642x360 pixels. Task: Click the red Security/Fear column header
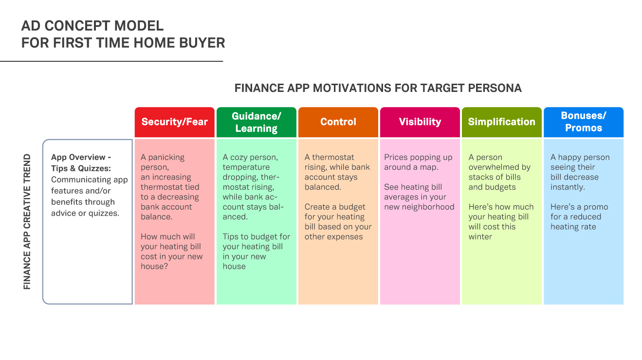coord(175,122)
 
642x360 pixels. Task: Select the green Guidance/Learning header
coord(256,122)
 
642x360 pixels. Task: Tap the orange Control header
coord(338,122)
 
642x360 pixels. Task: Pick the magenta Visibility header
coord(420,122)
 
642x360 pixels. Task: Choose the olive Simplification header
coord(501,122)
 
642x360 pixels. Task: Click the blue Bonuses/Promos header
coord(584,122)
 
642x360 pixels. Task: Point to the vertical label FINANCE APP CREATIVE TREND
coord(27,222)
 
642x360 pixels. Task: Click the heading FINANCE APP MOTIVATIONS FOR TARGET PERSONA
coord(378,88)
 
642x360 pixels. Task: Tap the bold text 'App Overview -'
coord(81,157)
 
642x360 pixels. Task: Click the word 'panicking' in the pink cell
coord(166,158)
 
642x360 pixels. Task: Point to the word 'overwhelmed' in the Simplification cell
coord(499,167)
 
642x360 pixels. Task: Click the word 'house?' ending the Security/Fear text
coord(154,266)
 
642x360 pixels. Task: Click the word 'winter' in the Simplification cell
coord(480,236)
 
